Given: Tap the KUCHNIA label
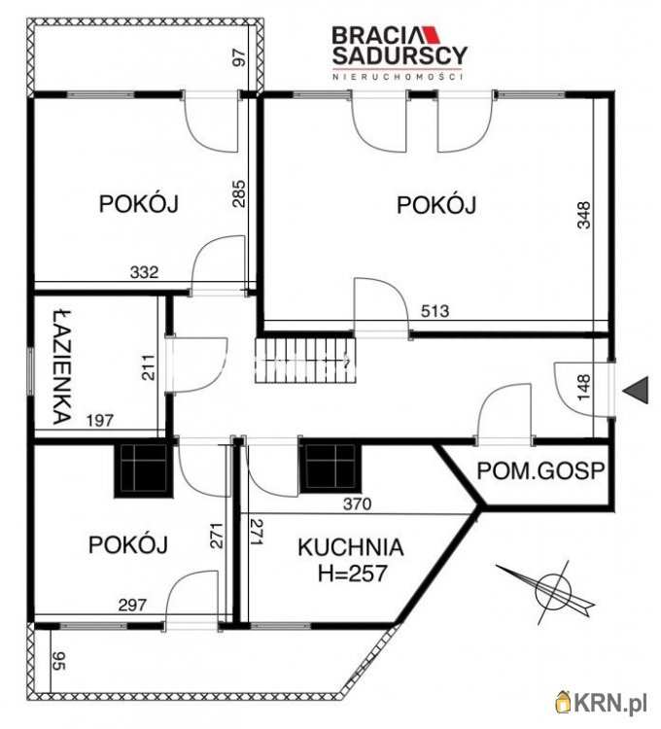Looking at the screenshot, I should click(350, 546).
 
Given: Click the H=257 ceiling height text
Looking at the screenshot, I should click(350, 573).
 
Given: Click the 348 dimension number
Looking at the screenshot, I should click(583, 214).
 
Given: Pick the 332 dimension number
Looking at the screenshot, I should click(145, 273).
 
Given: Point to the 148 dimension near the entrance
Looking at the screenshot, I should click(583, 388).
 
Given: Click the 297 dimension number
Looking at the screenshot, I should click(132, 605).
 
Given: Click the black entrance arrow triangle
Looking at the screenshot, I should click(636, 390).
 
